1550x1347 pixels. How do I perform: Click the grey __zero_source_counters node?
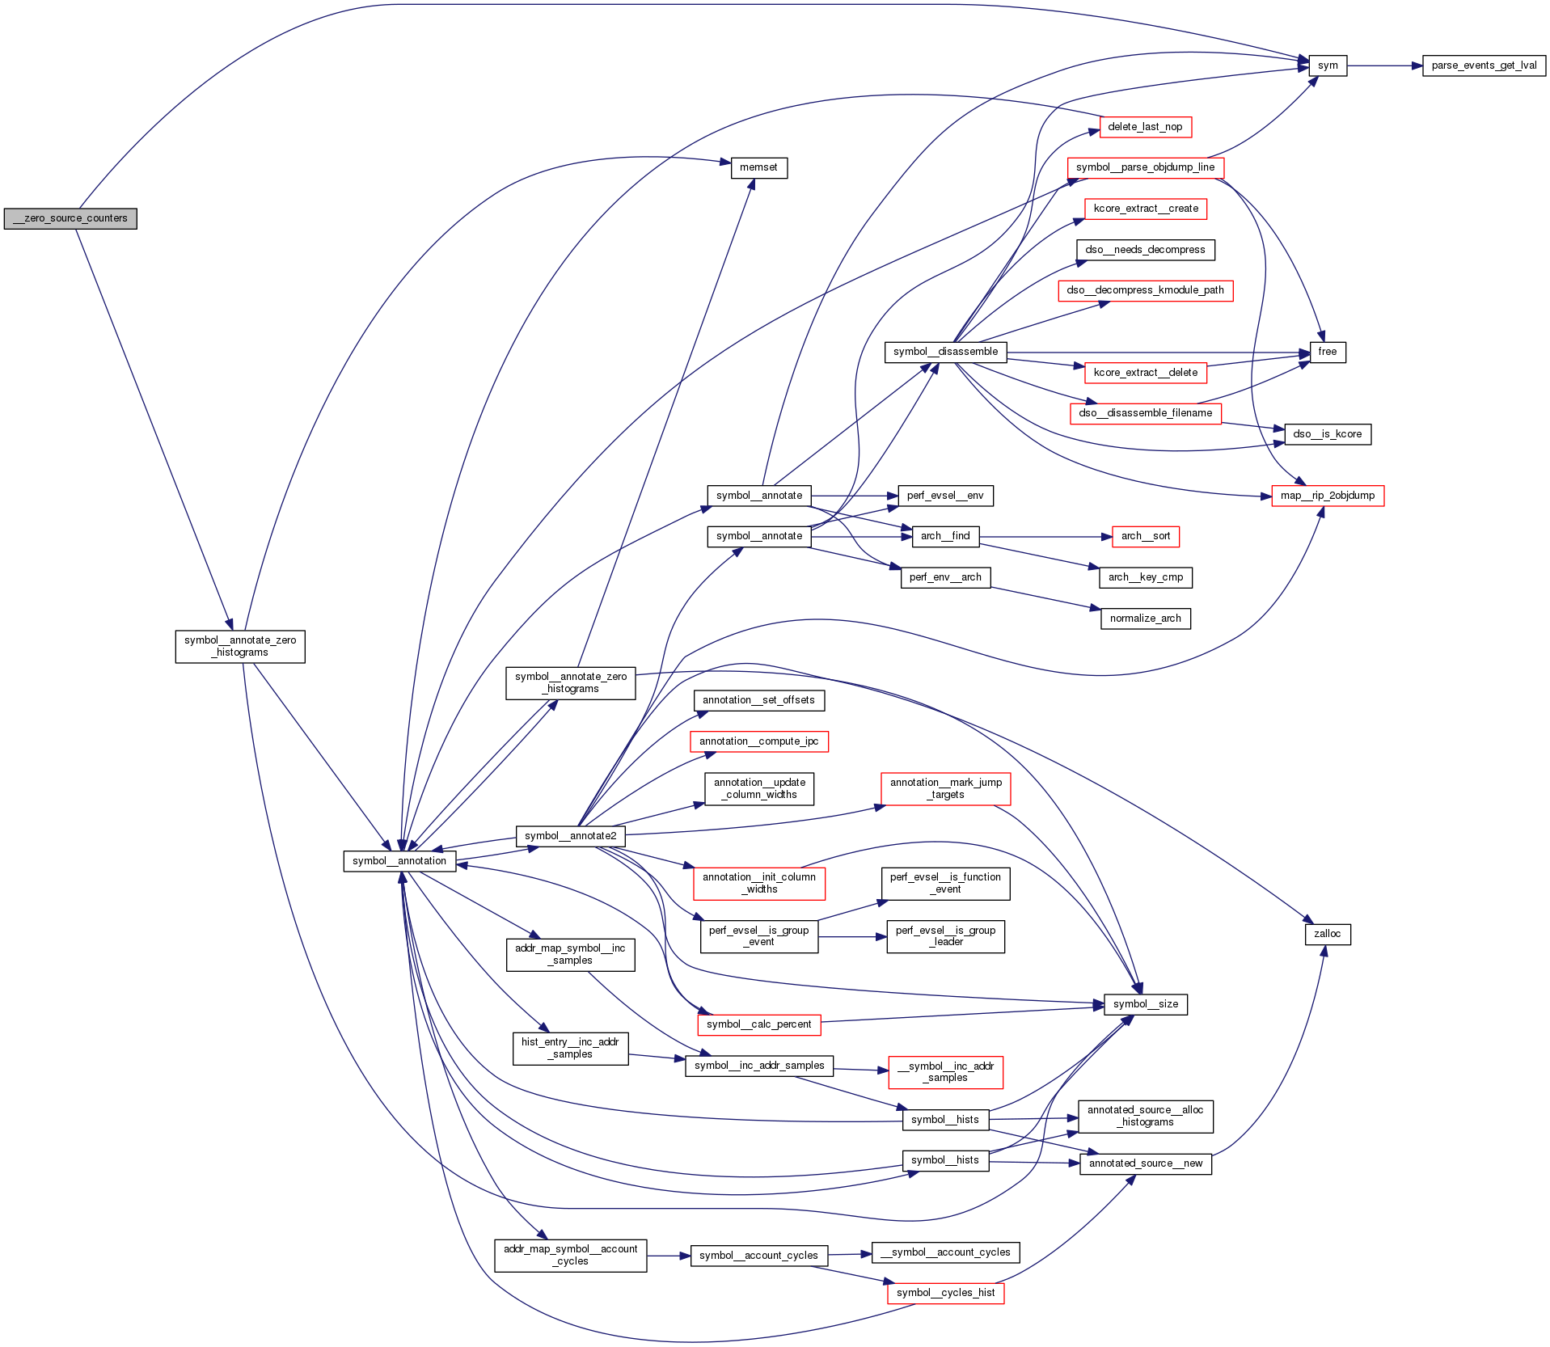(70, 218)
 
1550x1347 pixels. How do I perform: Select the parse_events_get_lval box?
(1484, 65)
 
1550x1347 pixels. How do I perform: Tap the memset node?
(758, 168)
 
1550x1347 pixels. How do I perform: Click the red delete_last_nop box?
(1145, 127)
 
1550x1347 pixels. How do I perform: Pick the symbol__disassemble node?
(945, 352)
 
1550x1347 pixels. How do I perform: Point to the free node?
(1328, 352)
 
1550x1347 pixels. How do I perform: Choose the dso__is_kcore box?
(1327, 434)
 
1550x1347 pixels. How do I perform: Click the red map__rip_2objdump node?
(1328, 496)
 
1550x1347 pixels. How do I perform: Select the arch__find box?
(945, 536)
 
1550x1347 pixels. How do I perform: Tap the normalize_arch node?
(1145, 619)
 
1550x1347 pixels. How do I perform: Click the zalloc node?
(1328, 934)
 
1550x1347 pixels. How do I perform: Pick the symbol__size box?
(1145, 1004)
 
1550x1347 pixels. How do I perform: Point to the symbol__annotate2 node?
(570, 836)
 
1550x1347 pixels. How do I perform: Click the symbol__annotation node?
(399, 861)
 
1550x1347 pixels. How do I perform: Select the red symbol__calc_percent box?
(758, 1024)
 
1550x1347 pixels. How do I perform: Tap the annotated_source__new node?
(1145, 1163)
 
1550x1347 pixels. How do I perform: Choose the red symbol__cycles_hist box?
(945, 1293)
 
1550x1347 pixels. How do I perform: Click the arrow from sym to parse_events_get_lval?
(1384, 65)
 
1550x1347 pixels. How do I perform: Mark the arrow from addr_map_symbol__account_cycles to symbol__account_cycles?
(668, 1256)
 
